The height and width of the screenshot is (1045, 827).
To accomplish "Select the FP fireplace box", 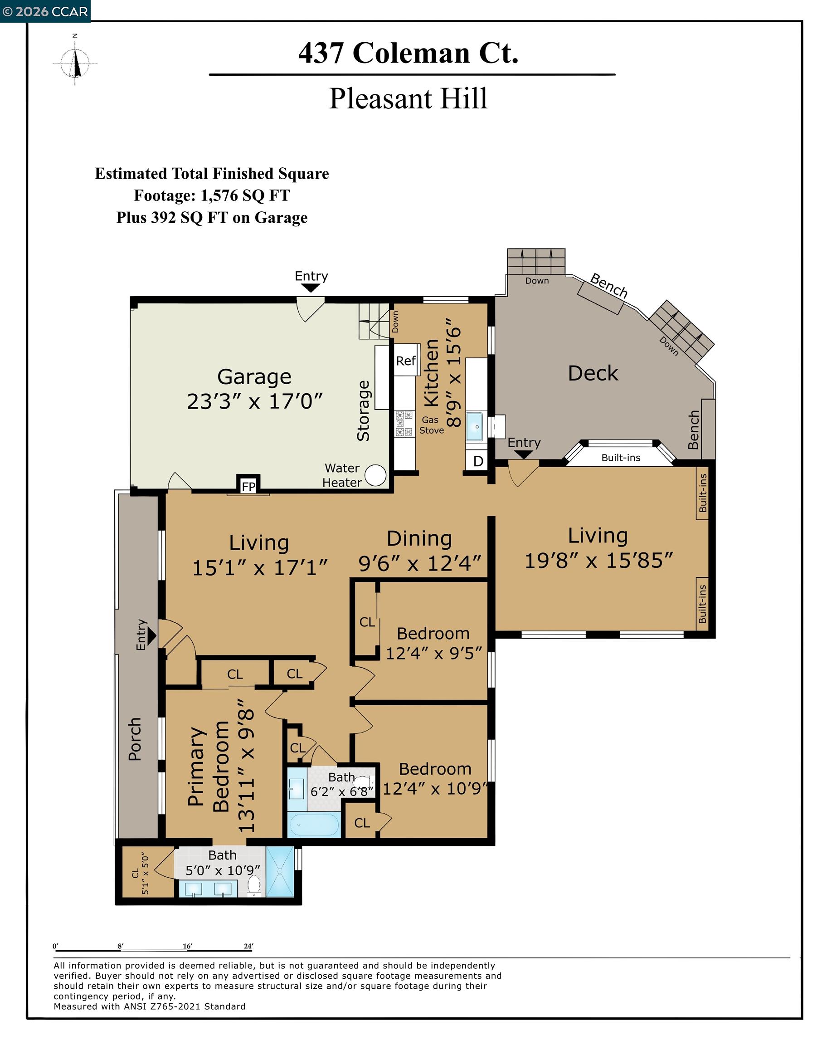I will coord(248,486).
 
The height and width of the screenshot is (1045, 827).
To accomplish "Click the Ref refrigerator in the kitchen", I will coord(406,360).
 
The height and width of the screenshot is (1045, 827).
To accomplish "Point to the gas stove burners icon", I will coord(404,423).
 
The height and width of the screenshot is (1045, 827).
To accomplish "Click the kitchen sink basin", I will coord(475,426).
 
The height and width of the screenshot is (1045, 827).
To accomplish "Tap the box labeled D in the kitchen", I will coord(478,460).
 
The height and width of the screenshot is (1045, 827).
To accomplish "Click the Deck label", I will coord(593,373).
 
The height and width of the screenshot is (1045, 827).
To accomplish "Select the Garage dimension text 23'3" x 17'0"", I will coord(255,401).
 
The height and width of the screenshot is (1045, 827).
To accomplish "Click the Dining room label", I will coord(419,538).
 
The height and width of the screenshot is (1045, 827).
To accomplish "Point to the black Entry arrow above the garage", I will coord(311,288).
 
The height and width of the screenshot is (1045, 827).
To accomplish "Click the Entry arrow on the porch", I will coord(152,635).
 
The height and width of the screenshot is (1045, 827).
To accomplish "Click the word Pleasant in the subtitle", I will coord(373,99).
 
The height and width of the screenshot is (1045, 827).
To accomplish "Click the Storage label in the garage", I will coord(363,410).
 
